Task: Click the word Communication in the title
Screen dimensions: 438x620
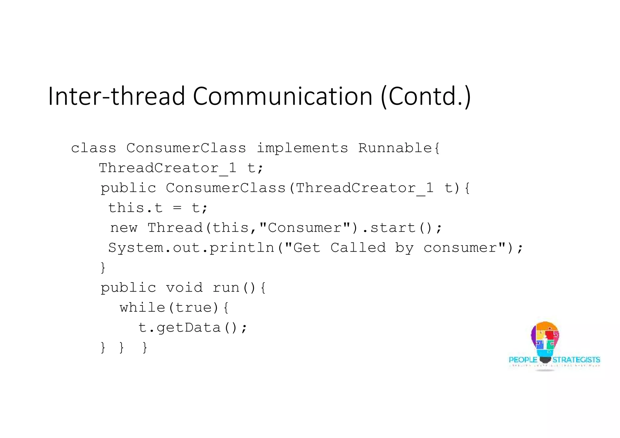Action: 282,96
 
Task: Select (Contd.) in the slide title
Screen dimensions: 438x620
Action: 426,96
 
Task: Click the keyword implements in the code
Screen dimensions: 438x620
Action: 302,148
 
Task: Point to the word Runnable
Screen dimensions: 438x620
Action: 395,148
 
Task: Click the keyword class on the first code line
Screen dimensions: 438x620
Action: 93,148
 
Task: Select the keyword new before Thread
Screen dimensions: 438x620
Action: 124,228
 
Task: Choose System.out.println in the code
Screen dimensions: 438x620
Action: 191,248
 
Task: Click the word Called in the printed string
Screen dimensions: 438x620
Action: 358,248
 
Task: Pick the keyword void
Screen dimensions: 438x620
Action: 184,288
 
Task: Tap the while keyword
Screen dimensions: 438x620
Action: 142,308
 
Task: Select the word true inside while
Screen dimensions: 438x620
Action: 194,308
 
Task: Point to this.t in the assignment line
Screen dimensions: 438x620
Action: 135,208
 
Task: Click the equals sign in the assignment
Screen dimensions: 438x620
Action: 177,208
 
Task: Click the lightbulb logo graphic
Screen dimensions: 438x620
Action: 545,340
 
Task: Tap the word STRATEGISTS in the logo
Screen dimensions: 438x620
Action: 576,360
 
